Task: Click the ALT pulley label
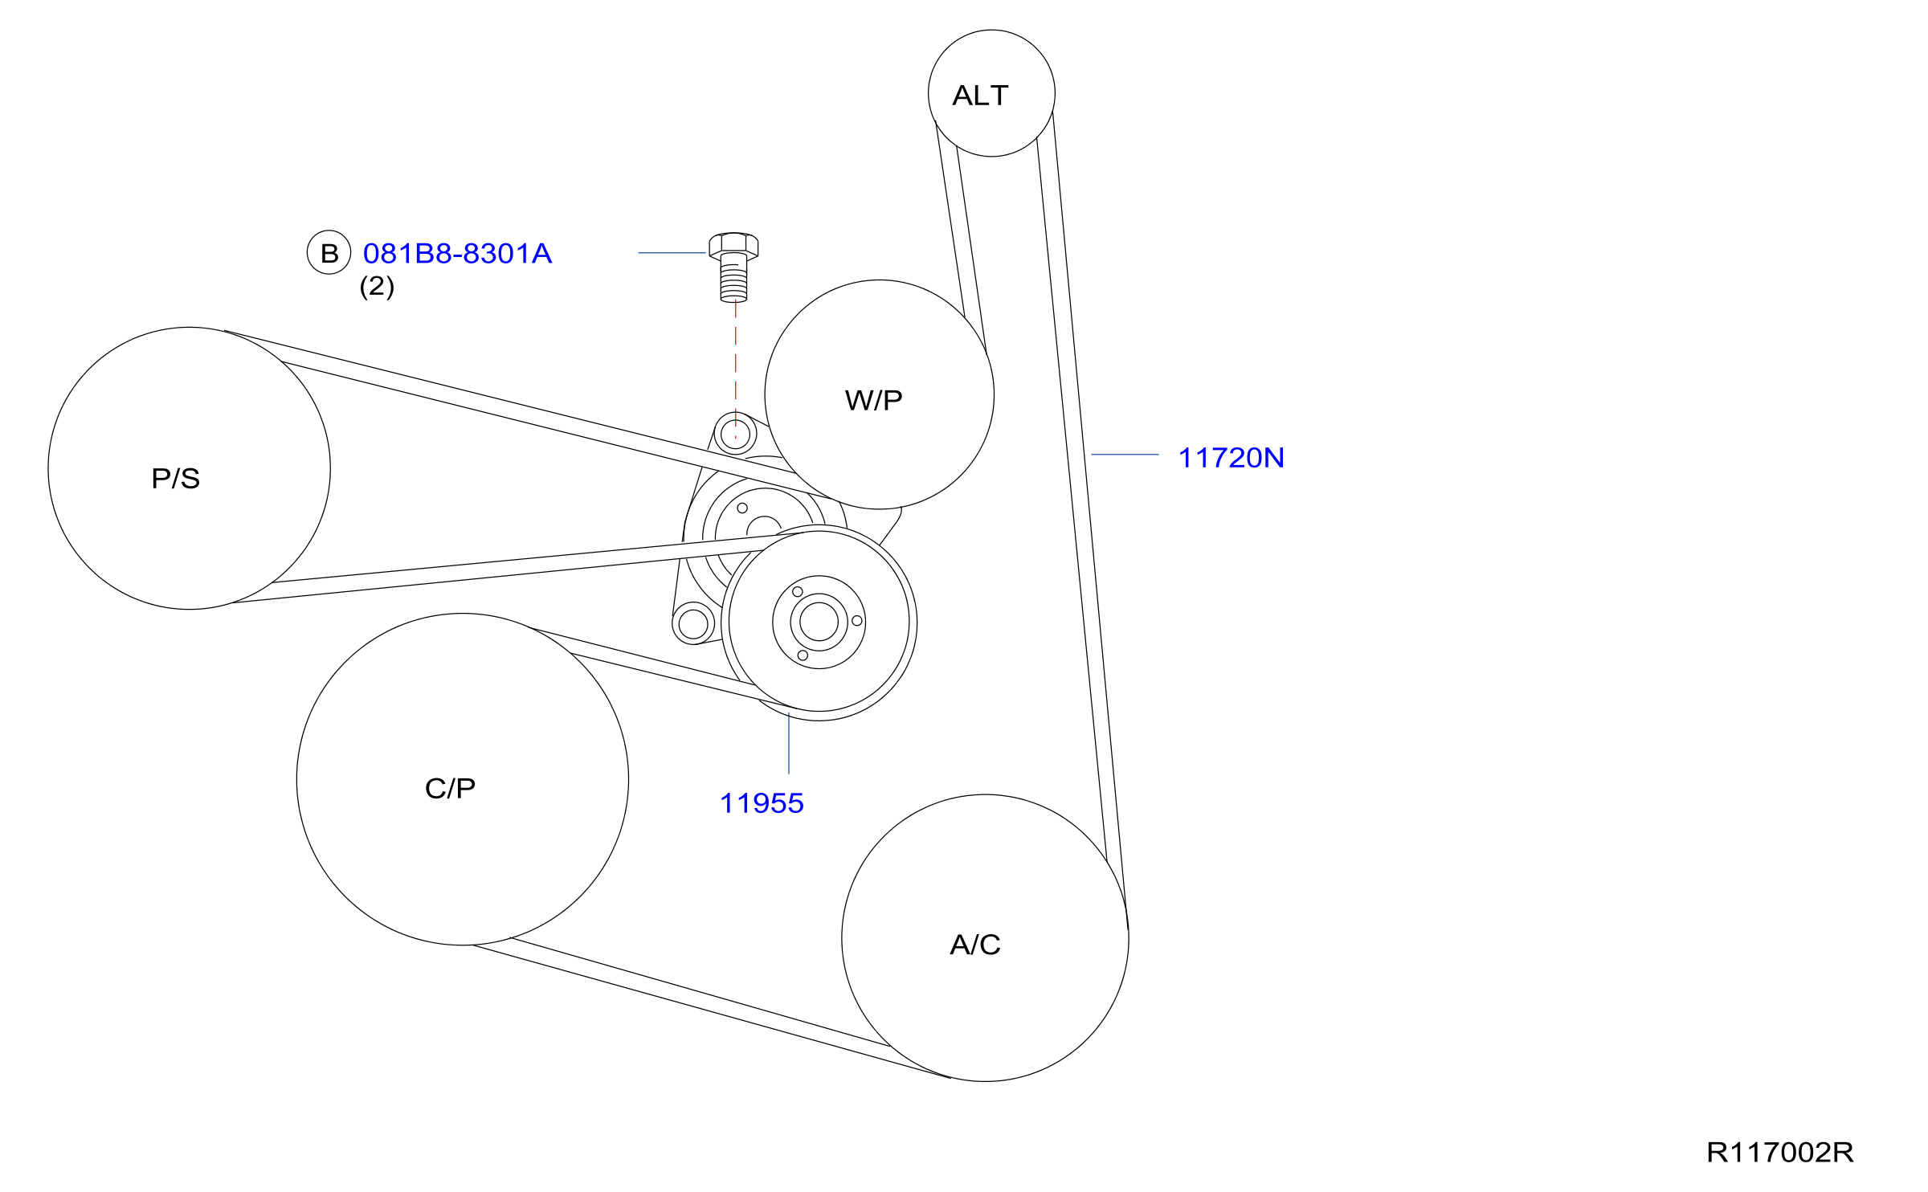(980, 96)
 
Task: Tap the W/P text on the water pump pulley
(873, 400)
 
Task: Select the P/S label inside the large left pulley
(175, 479)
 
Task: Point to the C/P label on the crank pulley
(450, 788)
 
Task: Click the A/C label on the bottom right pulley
(974, 945)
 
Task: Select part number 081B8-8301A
(457, 254)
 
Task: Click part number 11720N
(1230, 458)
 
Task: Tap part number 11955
(761, 803)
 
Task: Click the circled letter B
(329, 253)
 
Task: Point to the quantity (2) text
(377, 286)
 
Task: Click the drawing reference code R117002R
(1779, 1153)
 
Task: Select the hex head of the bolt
(733, 244)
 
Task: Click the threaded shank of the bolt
(733, 281)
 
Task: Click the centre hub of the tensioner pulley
(819, 622)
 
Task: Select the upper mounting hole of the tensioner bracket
(735, 435)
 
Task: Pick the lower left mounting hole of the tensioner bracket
(693, 623)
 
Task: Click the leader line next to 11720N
(1125, 455)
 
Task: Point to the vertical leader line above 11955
(789, 743)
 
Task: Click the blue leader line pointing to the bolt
(672, 253)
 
